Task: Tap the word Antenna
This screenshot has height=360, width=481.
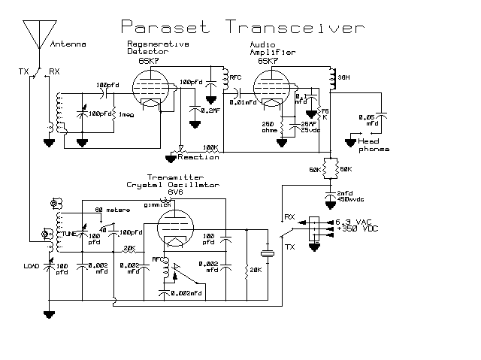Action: click(x=66, y=45)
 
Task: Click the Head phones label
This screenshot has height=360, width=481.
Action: click(x=374, y=145)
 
